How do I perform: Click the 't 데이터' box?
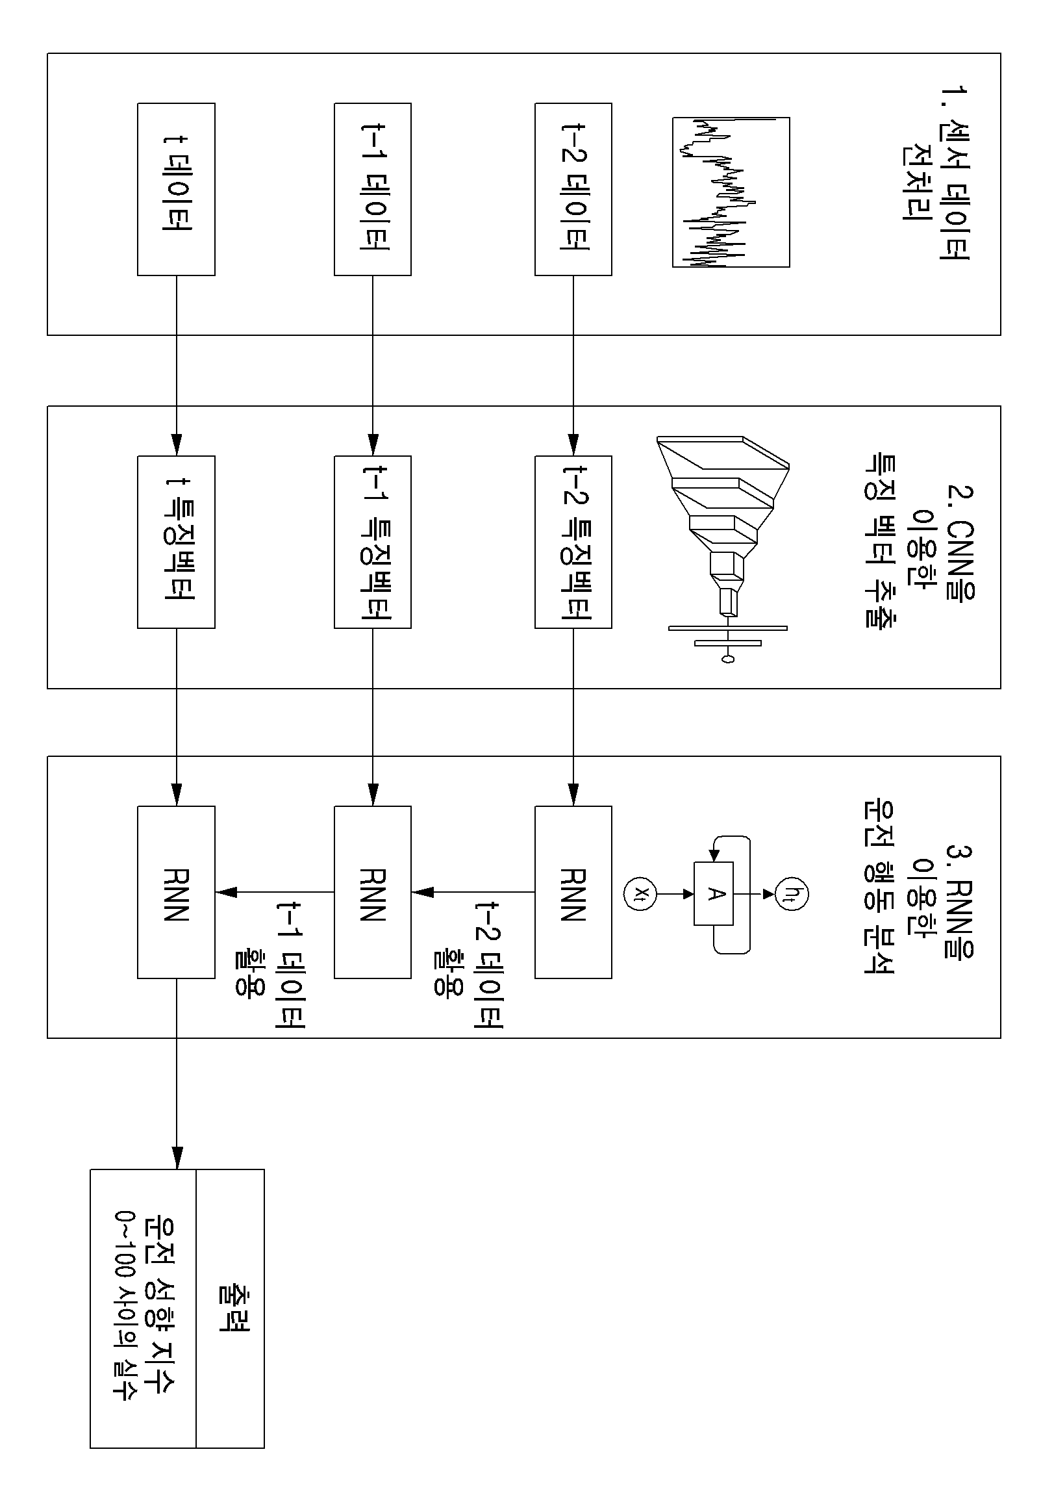click(x=176, y=189)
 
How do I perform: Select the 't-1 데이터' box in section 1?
click(x=373, y=189)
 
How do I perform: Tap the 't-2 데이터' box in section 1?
click(x=573, y=189)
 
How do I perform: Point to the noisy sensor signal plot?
click(x=731, y=192)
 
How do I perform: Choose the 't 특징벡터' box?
click(x=176, y=542)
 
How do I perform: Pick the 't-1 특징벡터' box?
click(x=373, y=542)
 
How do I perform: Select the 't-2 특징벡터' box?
click(x=573, y=542)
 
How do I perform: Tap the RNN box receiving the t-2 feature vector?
click(x=573, y=892)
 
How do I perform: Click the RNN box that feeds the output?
click(x=176, y=892)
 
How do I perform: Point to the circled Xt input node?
click(x=640, y=893)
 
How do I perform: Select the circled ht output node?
click(x=792, y=893)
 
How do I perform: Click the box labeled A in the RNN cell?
click(x=714, y=893)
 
